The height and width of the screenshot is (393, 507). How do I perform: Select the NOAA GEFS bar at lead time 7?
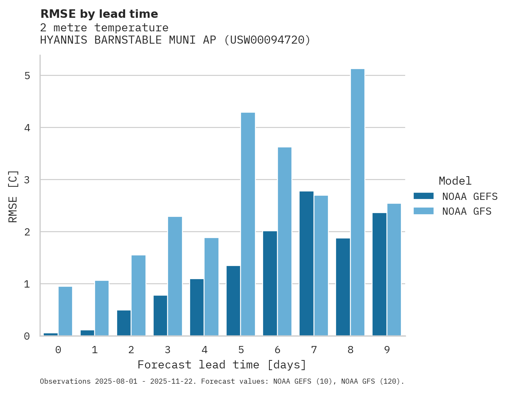point(306,263)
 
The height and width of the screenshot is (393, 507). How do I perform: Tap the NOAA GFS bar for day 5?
point(248,224)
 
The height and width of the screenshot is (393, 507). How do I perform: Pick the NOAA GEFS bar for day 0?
point(50,334)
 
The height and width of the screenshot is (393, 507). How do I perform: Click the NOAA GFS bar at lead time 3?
point(175,276)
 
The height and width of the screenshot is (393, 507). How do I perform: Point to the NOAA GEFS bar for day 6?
point(270,283)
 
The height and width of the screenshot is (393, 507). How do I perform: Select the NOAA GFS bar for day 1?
point(102,308)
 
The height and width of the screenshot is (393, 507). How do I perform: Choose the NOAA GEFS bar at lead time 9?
point(379,274)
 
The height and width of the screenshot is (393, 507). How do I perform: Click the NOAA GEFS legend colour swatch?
point(423,196)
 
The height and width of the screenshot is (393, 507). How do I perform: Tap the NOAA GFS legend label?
point(467,211)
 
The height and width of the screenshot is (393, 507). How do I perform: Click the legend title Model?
point(455,181)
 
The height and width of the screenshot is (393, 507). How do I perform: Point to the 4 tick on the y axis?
point(27,128)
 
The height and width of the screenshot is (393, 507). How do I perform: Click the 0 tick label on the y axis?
point(27,336)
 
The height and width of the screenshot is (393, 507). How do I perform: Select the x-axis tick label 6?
point(277,350)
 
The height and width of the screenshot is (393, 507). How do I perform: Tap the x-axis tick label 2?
point(131,350)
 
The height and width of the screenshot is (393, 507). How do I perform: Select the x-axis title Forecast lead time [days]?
point(221,365)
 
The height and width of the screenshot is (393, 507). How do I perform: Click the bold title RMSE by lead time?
point(99,14)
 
